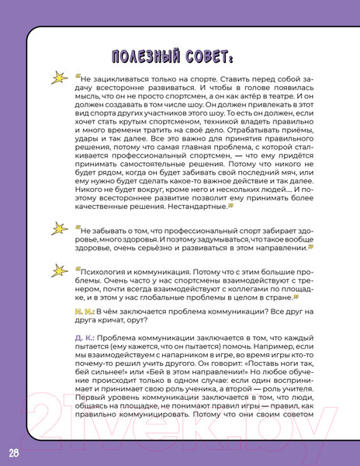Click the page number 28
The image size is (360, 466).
pos(14,453)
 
